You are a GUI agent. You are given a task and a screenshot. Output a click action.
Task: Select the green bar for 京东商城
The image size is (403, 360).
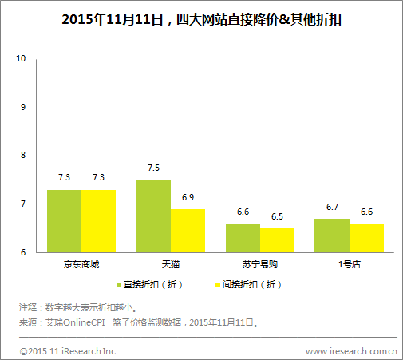pos(64,221)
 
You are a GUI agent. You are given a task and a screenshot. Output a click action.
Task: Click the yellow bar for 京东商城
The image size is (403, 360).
pos(98,221)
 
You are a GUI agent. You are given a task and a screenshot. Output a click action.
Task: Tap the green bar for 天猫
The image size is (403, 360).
pos(153,216)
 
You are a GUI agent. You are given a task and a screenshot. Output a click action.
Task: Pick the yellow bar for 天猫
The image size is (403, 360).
pos(188,231)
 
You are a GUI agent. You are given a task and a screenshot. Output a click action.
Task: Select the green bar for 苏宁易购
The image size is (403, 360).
pos(243,238)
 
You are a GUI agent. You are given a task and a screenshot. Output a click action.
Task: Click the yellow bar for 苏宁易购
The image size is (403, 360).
pos(277,240)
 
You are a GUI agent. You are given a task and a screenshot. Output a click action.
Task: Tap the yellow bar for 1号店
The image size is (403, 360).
pos(366,238)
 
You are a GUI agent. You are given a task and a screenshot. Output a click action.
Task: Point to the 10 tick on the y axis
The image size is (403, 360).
pos(22,59)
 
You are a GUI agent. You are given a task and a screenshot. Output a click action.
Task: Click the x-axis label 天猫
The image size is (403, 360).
pos(170,263)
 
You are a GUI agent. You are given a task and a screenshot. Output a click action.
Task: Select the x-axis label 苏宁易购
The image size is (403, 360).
pos(259,263)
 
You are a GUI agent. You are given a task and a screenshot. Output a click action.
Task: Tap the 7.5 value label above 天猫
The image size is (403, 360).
pos(153,168)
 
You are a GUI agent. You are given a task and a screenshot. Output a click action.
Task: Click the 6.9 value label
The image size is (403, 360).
pos(188,197)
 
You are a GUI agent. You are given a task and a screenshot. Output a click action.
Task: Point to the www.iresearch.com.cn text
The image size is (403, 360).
pos(351,350)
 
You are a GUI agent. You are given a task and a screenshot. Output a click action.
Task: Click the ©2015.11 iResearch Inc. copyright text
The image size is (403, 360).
pos(69,350)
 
